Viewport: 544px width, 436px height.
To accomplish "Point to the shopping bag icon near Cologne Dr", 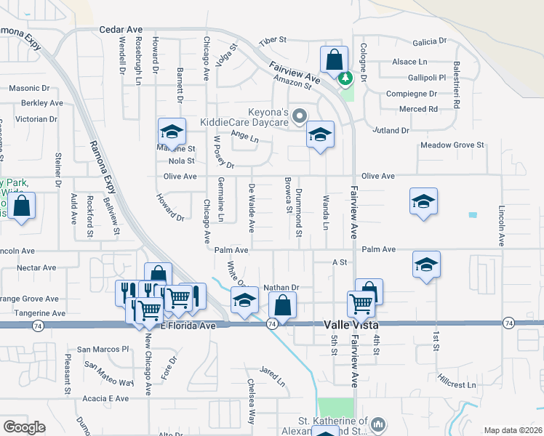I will [x=334, y=60].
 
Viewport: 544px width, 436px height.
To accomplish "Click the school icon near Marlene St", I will [x=172, y=132].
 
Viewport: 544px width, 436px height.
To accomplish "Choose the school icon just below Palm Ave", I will [x=426, y=265].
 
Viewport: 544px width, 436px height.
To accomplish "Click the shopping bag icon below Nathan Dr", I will [x=283, y=305].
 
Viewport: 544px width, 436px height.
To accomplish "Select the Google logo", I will [x=24, y=427].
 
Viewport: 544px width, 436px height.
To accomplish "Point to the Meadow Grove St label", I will [x=452, y=145].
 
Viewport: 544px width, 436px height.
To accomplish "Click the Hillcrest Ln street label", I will [x=457, y=381].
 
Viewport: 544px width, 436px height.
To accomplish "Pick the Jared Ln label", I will [x=272, y=376].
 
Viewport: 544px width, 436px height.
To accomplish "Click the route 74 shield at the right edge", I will [x=508, y=323].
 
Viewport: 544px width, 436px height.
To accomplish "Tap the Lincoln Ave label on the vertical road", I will [x=501, y=225].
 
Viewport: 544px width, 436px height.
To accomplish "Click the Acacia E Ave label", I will [x=105, y=398].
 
